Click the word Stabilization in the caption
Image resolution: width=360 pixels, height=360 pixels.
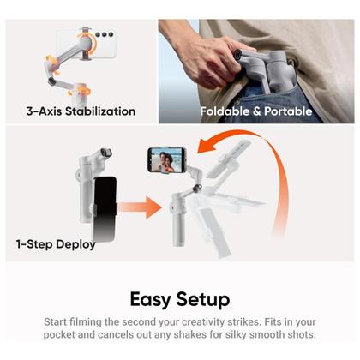pyautogui.click(x=100, y=111)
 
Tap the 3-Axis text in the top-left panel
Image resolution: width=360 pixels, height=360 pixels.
pyautogui.click(x=45, y=111)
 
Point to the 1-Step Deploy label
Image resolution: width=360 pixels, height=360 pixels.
pyautogui.click(x=56, y=244)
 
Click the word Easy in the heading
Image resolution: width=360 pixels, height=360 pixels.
pyautogui.click(x=150, y=299)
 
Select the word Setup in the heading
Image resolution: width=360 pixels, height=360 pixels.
pyautogui.click(x=203, y=300)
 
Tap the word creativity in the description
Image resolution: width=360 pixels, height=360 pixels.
pyautogui.click(x=203, y=322)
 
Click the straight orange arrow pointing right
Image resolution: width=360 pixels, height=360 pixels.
pyautogui.click(x=140, y=207)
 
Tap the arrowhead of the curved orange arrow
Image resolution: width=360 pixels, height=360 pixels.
pyautogui.click(x=207, y=145)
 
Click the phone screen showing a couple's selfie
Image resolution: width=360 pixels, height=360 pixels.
pyautogui.click(x=166, y=160)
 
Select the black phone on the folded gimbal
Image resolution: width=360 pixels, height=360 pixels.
pyautogui.click(x=105, y=209)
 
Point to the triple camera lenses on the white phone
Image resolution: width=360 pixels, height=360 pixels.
pyautogui.click(x=105, y=35)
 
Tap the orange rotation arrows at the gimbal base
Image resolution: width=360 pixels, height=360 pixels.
pyautogui.click(x=80, y=92)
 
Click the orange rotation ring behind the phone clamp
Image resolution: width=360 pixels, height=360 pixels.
pyautogui.click(x=87, y=42)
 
